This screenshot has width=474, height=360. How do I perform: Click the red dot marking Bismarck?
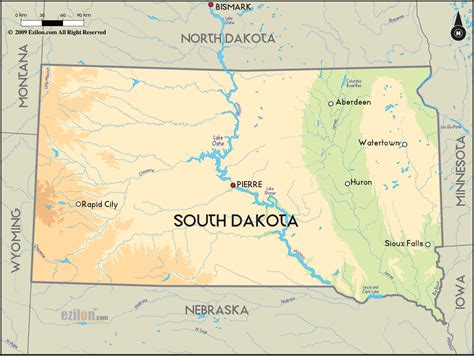211,6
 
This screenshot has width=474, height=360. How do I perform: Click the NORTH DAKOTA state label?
227,37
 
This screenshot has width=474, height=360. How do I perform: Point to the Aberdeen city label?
353,102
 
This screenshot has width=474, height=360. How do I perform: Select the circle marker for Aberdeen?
331,103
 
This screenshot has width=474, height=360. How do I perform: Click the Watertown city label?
378,143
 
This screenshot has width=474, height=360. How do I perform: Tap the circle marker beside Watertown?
404,144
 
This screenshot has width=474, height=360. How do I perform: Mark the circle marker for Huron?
348,183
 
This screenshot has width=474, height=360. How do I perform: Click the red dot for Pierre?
233,185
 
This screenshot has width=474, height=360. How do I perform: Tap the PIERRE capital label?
251,185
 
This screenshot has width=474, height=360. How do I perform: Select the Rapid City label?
101,204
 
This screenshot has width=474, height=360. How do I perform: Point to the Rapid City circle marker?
79,204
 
